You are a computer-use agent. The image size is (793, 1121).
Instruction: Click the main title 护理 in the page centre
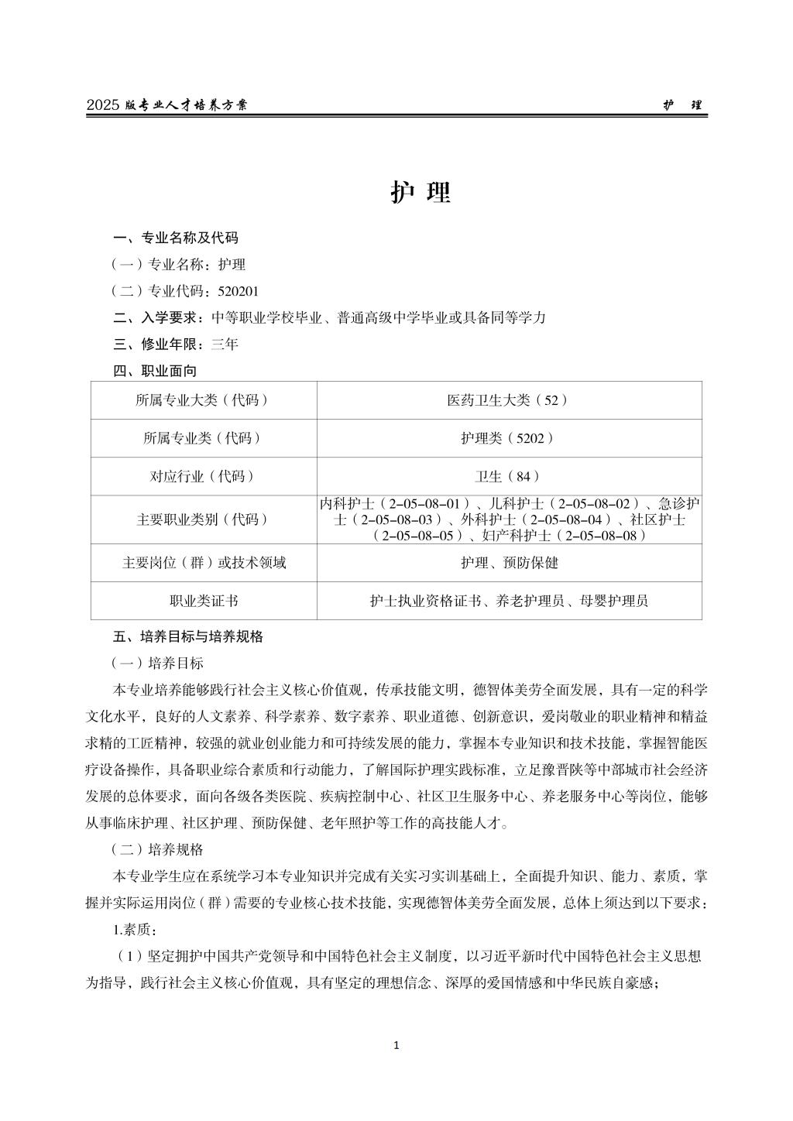(x=420, y=193)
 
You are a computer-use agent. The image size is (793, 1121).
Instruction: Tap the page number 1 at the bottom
(x=396, y=1046)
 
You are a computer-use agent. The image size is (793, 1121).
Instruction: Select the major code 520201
(x=239, y=291)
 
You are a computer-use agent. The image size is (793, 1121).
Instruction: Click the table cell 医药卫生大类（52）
(x=509, y=400)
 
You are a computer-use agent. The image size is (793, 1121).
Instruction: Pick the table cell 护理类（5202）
(x=509, y=438)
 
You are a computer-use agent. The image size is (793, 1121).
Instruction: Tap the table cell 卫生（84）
(x=509, y=476)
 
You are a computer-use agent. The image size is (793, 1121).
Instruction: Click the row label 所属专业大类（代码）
(x=203, y=400)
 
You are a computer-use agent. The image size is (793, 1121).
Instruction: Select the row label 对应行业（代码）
(x=203, y=476)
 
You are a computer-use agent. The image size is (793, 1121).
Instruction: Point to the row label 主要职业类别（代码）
(x=203, y=519)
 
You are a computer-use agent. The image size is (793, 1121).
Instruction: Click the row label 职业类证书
(x=203, y=601)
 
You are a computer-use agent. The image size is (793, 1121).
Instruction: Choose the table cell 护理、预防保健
(x=509, y=563)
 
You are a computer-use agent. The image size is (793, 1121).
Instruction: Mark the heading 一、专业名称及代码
(x=176, y=238)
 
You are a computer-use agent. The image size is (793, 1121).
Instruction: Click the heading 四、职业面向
(x=155, y=371)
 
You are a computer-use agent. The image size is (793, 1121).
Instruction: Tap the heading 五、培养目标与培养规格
(x=188, y=636)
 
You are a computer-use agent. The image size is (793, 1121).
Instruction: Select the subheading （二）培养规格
(x=157, y=849)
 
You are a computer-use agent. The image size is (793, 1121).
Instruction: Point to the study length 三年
(x=225, y=345)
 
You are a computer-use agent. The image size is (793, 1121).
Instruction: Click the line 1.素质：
(x=136, y=929)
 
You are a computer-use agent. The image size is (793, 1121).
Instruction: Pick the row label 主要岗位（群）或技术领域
(x=203, y=563)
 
